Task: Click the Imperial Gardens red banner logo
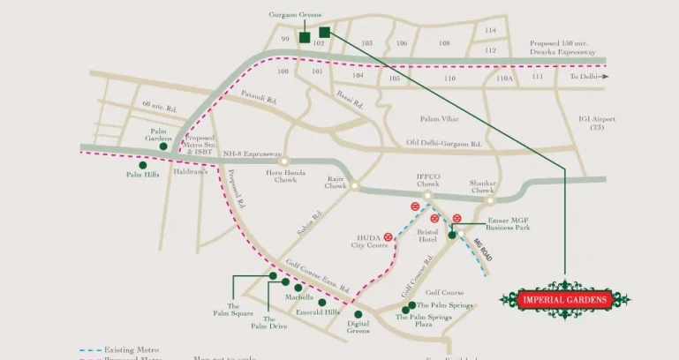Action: tap(565, 300)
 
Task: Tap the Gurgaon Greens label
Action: tap(295, 15)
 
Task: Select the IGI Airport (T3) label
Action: tap(602, 124)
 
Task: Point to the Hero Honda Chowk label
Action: tap(284, 177)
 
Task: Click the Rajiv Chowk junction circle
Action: tap(354, 186)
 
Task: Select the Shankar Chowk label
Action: tap(482, 186)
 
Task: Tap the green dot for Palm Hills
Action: tap(142, 164)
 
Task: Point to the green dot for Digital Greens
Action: tap(358, 314)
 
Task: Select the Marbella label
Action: tap(299, 297)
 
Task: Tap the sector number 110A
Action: tap(504, 79)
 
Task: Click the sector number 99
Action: tap(285, 41)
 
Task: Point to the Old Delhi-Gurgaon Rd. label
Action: tap(443, 143)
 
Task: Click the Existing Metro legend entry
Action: tap(131, 350)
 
